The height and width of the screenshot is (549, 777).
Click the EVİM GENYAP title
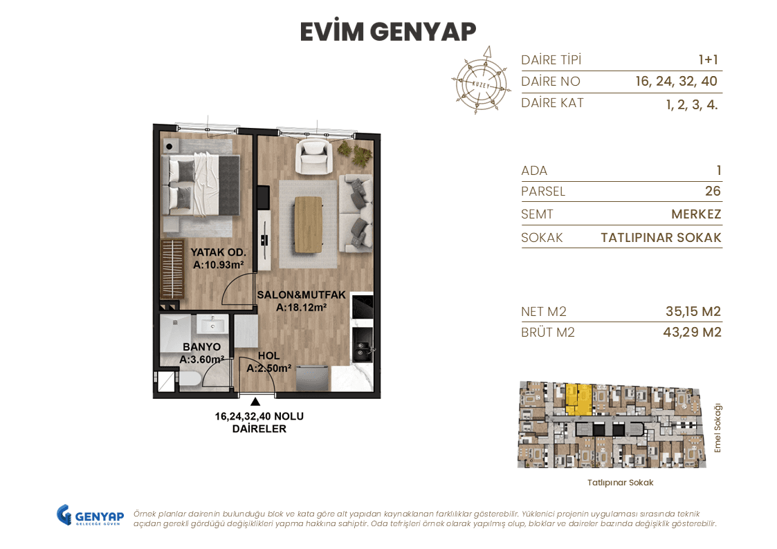click(388, 32)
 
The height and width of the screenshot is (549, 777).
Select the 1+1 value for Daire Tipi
click(708, 60)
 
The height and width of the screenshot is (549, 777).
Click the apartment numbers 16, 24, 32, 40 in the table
click(676, 82)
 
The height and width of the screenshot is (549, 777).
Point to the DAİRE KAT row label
click(552, 103)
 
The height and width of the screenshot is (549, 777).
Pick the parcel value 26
click(712, 192)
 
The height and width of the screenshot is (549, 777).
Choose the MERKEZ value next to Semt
click(696, 214)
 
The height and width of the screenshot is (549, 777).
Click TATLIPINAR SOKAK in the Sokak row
click(661, 238)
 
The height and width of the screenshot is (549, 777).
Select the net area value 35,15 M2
click(688, 312)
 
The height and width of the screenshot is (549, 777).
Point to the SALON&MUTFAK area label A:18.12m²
click(301, 308)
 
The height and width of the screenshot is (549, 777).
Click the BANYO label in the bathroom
click(201, 347)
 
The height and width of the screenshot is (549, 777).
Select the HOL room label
click(268, 356)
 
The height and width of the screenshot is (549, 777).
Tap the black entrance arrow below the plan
click(256, 402)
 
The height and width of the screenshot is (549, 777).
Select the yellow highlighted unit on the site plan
click(577, 400)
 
